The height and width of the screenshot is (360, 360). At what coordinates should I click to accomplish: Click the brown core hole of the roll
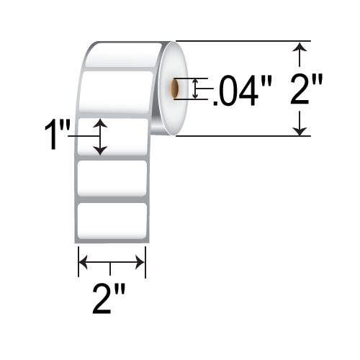click(x=174, y=89)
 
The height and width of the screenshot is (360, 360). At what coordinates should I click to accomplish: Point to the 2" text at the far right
click(x=307, y=91)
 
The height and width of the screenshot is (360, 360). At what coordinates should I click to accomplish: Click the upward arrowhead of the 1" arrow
click(x=102, y=124)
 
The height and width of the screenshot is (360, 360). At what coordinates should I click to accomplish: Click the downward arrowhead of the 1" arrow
click(x=102, y=150)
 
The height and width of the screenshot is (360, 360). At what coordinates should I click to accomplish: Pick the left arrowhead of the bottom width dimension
click(x=81, y=262)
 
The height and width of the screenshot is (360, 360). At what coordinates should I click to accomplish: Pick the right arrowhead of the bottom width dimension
click(x=143, y=262)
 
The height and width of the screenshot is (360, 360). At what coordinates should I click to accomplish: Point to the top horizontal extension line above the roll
click(x=238, y=41)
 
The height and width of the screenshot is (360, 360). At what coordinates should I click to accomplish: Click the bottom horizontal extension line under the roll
click(x=238, y=136)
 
